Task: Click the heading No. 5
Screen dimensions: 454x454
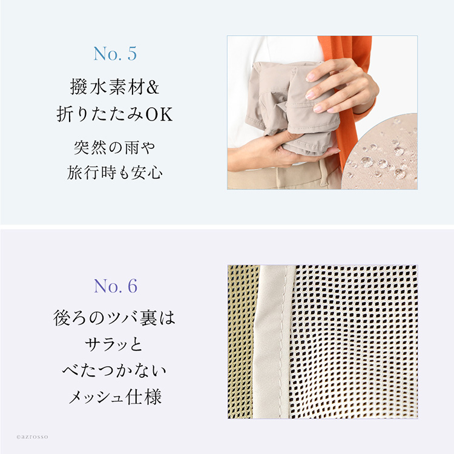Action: (x=115, y=54)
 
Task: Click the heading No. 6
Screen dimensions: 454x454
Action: (x=115, y=286)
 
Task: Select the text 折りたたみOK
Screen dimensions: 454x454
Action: (x=115, y=114)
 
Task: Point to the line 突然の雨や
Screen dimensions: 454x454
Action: (x=115, y=146)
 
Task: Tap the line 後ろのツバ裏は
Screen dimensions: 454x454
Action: (x=115, y=318)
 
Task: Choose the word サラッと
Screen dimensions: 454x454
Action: (x=115, y=345)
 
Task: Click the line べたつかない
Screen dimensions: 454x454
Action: (x=115, y=372)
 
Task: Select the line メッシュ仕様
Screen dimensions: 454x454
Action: (x=115, y=398)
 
